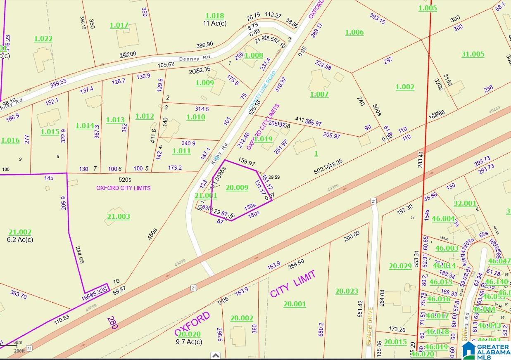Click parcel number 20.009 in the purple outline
click(237, 188)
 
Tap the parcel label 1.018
click(214, 16)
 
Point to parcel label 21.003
click(119, 216)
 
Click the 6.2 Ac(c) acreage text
click(20, 239)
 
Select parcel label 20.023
click(346, 291)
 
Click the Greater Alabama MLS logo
click(486, 350)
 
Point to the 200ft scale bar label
click(19, 351)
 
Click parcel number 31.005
click(473, 54)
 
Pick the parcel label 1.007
click(319, 94)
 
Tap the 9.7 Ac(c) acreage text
click(189, 342)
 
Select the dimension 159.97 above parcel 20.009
click(247, 163)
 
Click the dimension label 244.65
click(80, 255)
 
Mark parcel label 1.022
click(43, 39)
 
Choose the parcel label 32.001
click(465, 203)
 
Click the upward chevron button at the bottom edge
click(215, 355)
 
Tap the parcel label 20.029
click(400, 266)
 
